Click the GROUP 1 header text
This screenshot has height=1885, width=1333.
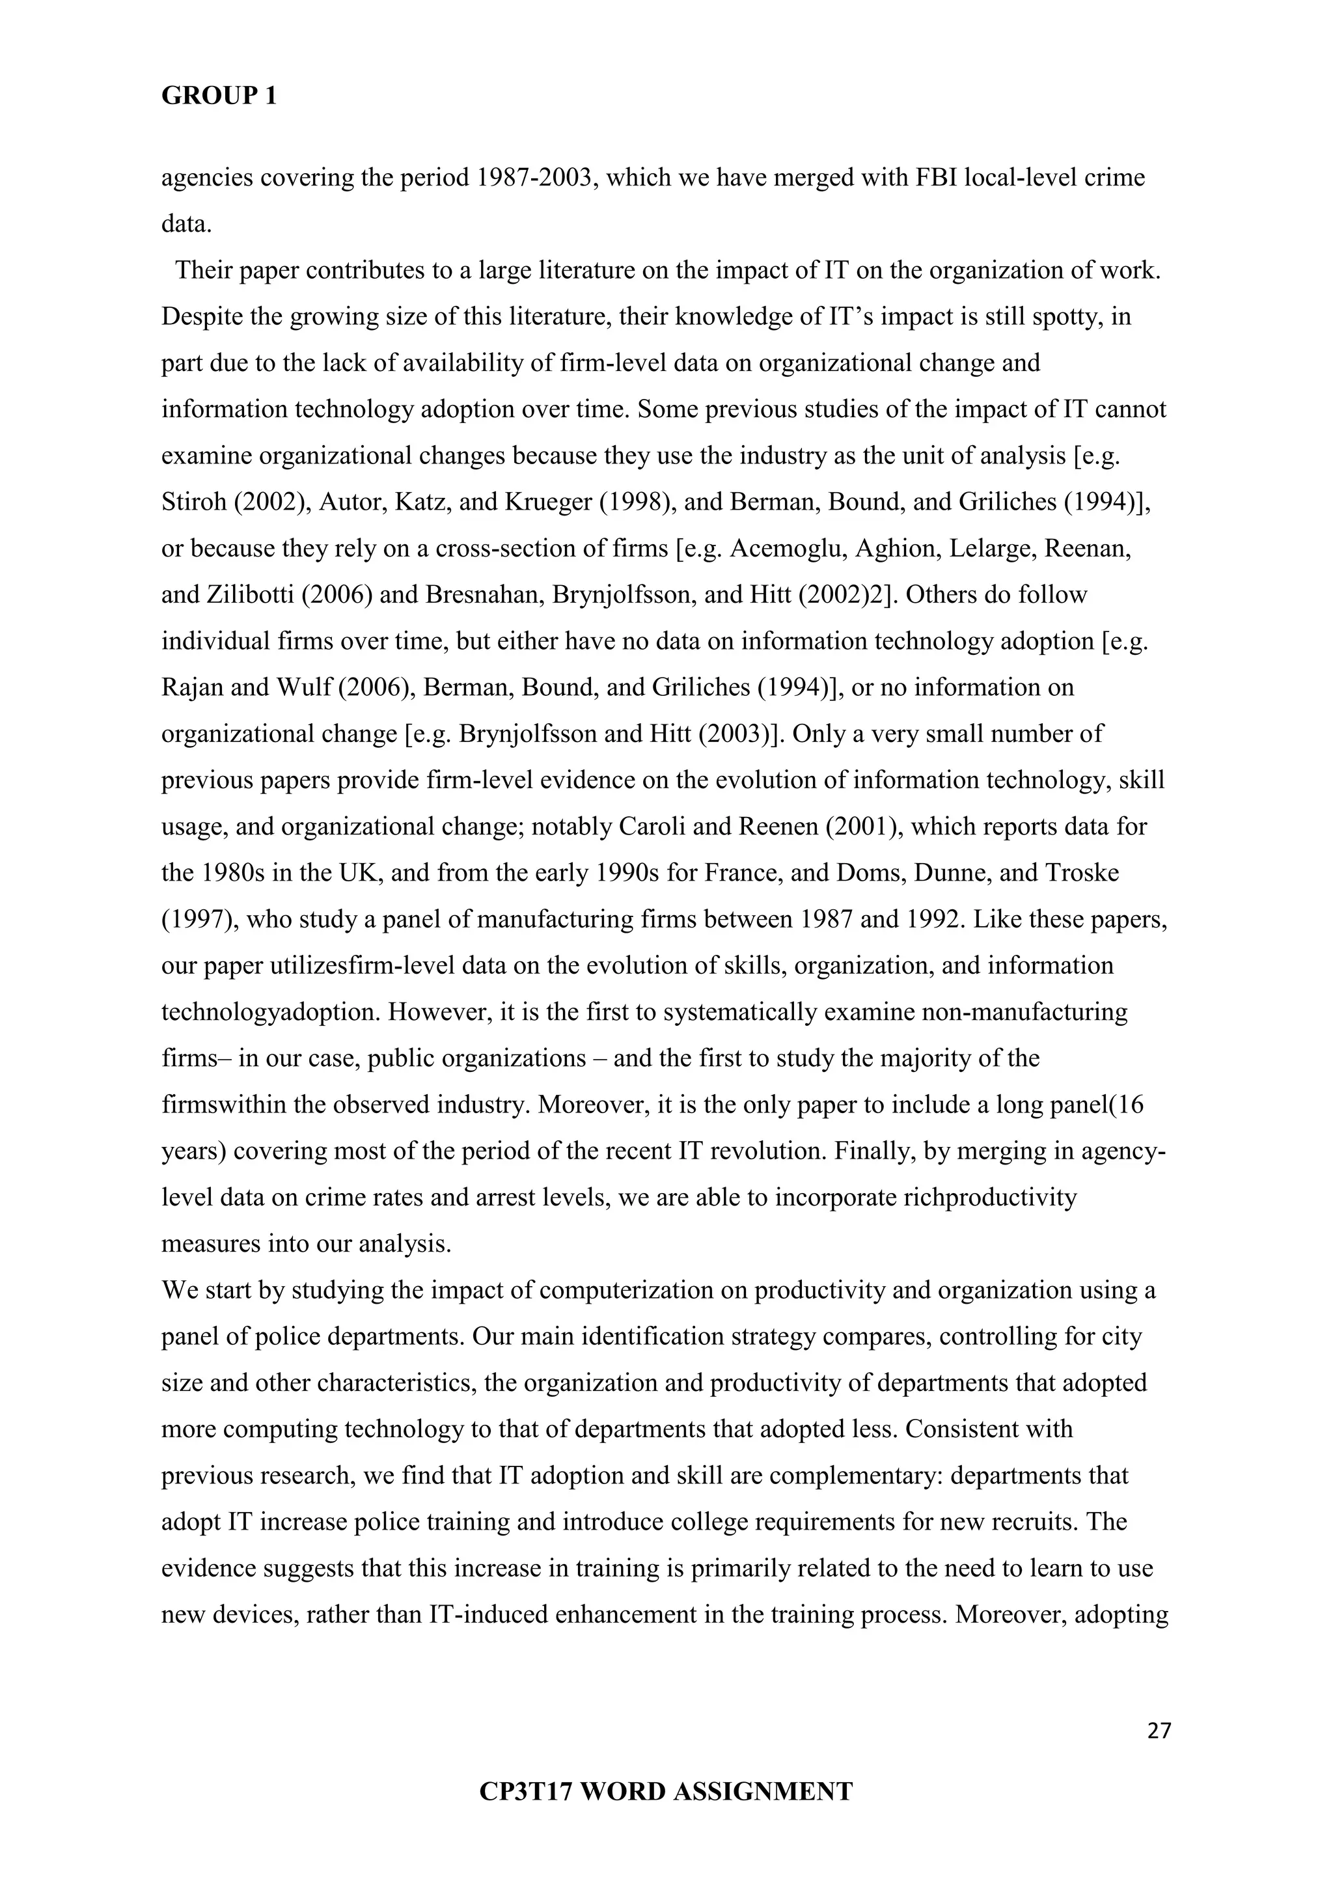pyautogui.click(x=219, y=97)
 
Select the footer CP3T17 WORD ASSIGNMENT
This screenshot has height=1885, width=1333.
pyautogui.click(x=666, y=1791)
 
